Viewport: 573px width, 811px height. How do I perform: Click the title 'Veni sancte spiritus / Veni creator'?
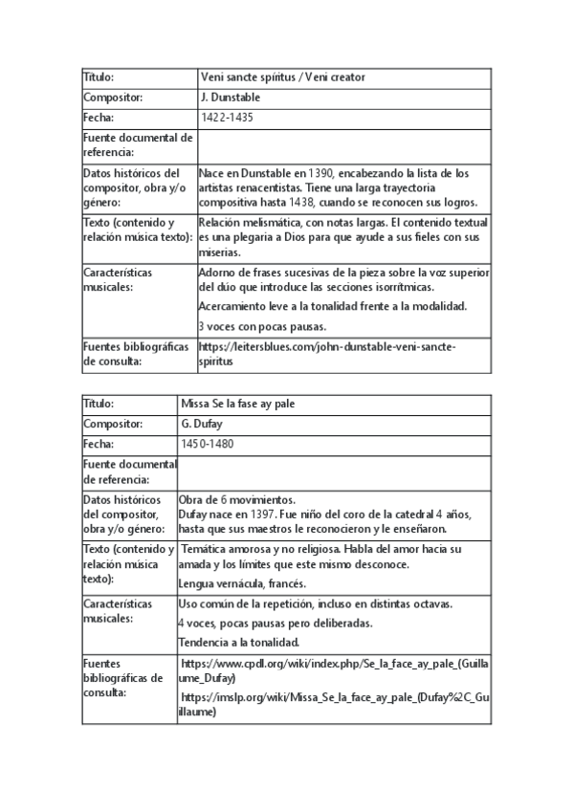[282, 77]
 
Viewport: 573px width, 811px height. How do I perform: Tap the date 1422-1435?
[227, 118]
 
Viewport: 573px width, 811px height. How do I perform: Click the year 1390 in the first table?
[320, 173]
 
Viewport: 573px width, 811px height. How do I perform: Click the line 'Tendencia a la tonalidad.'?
[239, 641]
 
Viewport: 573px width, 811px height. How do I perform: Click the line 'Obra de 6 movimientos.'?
[236, 499]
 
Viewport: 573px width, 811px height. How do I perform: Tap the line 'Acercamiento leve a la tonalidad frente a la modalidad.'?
[332, 306]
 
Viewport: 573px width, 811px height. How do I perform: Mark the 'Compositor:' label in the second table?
[113, 424]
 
